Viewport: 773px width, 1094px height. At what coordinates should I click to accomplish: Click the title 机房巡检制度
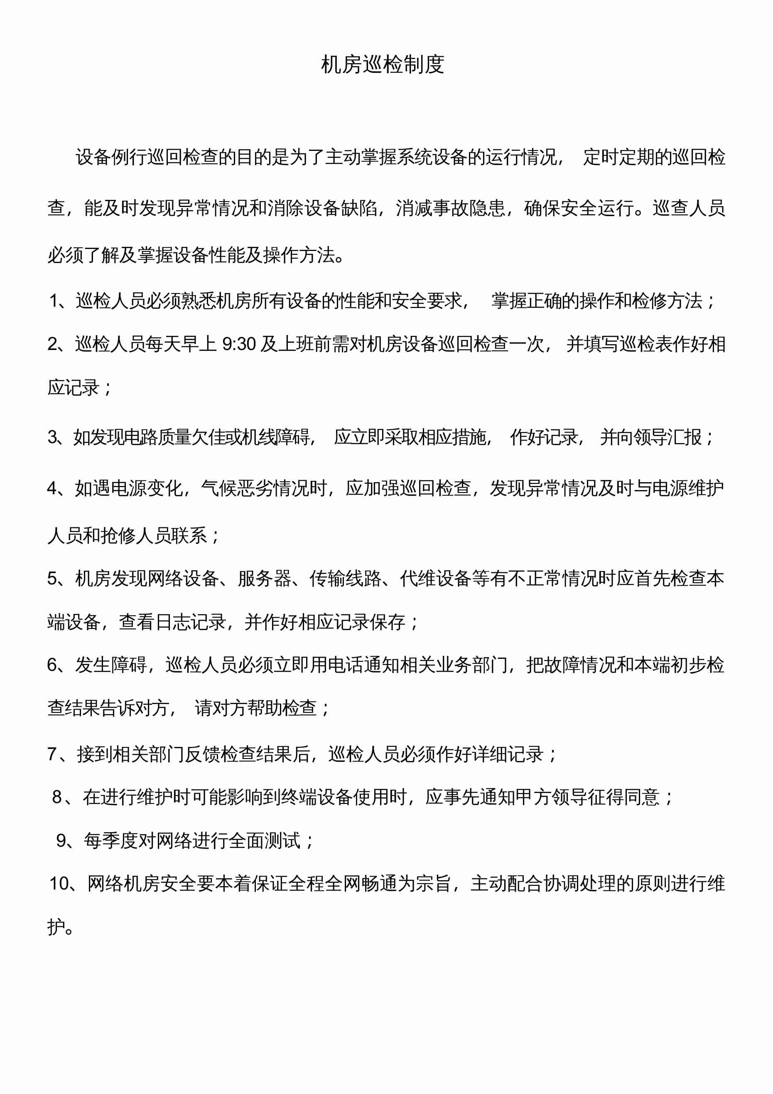click(383, 64)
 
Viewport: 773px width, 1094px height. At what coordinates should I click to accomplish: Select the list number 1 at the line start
click(54, 301)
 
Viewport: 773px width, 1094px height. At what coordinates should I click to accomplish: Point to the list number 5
click(52, 579)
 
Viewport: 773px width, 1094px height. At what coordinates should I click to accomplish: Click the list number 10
click(59, 883)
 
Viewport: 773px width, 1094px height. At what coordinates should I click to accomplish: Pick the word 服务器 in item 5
click(264, 579)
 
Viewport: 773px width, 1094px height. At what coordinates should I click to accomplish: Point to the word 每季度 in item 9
click(110, 840)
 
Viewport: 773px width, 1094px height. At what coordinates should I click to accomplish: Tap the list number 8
click(57, 797)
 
